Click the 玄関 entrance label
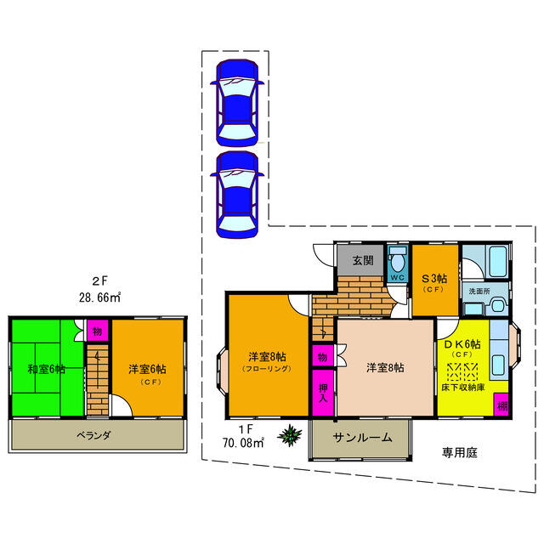tap(363, 260)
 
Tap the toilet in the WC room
tap(397, 258)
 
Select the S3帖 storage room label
tap(434, 278)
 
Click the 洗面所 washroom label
tap(479, 291)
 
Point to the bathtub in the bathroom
tap(497, 261)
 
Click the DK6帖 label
tap(462, 344)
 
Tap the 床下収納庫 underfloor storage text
tap(463, 388)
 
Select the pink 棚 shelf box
tap(501, 404)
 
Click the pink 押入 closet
tap(323, 393)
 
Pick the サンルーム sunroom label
tap(362, 438)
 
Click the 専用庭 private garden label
tap(460, 452)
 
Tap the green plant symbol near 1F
tap(290, 434)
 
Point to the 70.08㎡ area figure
tap(243, 443)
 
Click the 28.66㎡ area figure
tap(99, 297)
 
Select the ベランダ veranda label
tap(93, 435)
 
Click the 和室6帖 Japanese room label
tap(46, 369)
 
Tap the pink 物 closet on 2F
tap(98, 331)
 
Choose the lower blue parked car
tap(237, 195)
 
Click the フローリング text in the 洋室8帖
tap(267, 368)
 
